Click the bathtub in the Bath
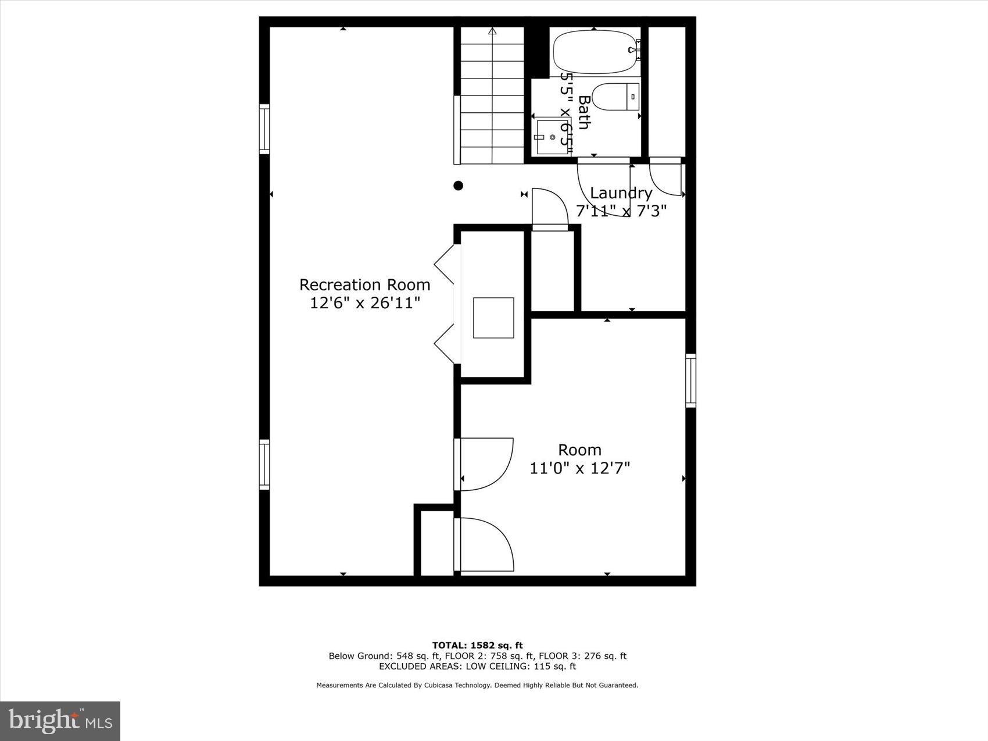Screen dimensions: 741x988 click(594, 52)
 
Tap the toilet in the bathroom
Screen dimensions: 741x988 click(615, 97)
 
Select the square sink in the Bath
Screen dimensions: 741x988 click(552, 137)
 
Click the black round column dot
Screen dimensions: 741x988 click(458, 186)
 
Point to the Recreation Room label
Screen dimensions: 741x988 click(364, 285)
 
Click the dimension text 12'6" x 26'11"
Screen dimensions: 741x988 click(364, 303)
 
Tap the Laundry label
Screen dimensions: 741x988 click(621, 193)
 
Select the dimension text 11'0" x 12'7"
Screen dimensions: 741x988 click(579, 468)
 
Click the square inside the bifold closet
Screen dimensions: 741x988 click(493, 318)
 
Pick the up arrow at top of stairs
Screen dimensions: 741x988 click(492, 31)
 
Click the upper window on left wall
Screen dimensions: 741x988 click(264, 129)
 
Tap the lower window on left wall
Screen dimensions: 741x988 click(264, 464)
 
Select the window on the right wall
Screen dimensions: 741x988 click(690, 380)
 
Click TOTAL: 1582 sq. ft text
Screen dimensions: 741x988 click(477, 645)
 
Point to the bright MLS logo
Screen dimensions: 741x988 click(60, 721)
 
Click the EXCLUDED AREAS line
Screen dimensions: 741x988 click(477, 667)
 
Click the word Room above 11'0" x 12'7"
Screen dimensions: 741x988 click(579, 450)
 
